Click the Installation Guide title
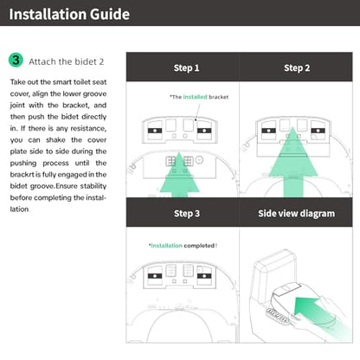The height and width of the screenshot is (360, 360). (x=69, y=14)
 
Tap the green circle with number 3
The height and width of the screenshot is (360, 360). (x=16, y=60)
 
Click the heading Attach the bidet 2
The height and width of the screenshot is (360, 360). (x=66, y=61)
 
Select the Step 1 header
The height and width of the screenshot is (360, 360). (x=186, y=68)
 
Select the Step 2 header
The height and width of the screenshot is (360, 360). (x=297, y=68)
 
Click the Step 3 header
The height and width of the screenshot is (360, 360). (x=187, y=214)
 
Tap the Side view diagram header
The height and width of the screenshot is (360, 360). (x=297, y=214)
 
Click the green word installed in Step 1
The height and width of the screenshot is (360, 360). (x=195, y=97)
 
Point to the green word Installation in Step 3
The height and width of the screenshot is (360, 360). (x=166, y=246)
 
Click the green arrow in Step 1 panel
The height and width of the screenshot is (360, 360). (x=179, y=176)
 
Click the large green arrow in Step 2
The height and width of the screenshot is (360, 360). (x=293, y=163)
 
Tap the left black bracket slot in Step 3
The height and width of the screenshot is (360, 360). (x=155, y=276)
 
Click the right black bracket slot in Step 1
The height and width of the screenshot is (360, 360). (x=204, y=131)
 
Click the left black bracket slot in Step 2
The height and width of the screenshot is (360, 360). (x=268, y=131)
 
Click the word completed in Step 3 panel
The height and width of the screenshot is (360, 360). (x=199, y=246)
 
